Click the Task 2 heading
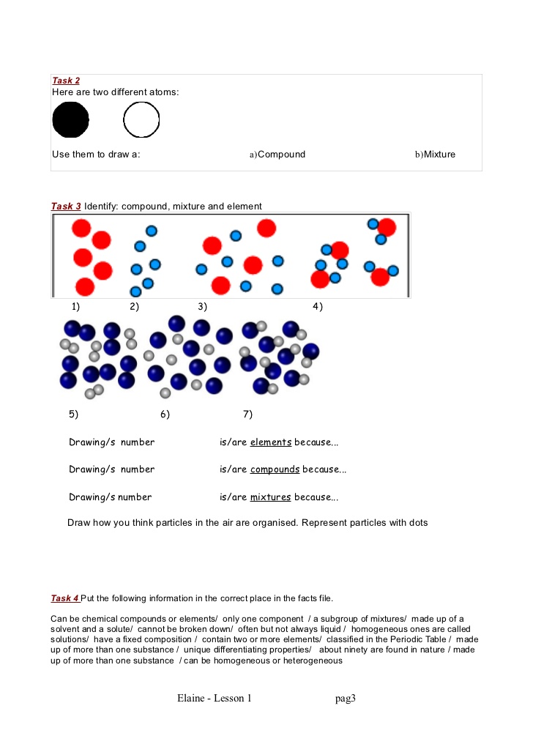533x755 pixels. pyautogui.click(x=66, y=81)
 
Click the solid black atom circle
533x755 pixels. pyautogui.click(x=70, y=119)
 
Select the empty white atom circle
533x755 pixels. pyautogui.click(x=141, y=120)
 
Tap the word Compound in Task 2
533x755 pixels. pyautogui.click(x=281, y=154)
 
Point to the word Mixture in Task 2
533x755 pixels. pyautogui.click(x=439, y=154)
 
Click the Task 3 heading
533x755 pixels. pyautogui.click(x=66, y=206)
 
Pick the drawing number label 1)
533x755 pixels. pyautogui.click(x=75, y=306)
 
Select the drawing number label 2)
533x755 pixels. pyautogui.click(x=134, y=306)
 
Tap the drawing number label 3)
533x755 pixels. pyautogui.click(x=203, y=306)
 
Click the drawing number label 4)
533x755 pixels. pyautogui.click(x=318, y=306)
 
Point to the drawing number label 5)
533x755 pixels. pyautogui.click(x=74, y=414)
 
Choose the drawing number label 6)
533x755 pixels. pyautogui.click(x=165, y=414)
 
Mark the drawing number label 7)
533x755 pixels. pyautogui.click(x=248, y=414)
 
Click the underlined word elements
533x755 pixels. pyautogui.click(x=271, y=442)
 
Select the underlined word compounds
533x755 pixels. pyautogui.click(x=275, y=469)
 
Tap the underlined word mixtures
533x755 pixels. pyautogui.click(x=270, y=497)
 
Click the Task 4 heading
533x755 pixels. pyautogui.click(x=65, y=598)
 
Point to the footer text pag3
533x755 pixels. pyautogui.click(x=346, y=699)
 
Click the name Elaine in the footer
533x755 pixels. pyautogui.click(x=190, y=698)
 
